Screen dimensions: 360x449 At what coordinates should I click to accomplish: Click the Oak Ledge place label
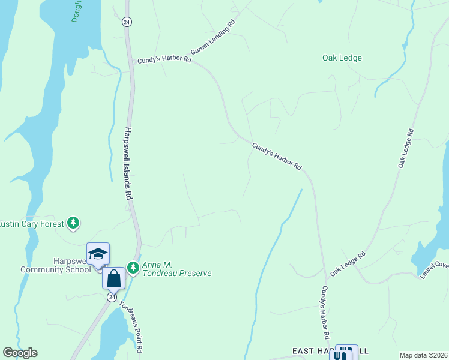[x=342, y=58]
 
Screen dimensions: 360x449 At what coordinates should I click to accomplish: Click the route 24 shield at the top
[x=127, y=22]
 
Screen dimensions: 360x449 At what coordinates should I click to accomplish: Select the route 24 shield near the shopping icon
[x=112, y=297]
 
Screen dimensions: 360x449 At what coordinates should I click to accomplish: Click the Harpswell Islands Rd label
[x=128, y=163]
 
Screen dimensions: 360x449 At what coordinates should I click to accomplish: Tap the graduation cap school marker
[x=98, y=254]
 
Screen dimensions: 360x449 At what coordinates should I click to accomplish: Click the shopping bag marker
[x=113, y=278]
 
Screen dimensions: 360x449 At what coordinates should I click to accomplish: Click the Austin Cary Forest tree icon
[x=73, y=224]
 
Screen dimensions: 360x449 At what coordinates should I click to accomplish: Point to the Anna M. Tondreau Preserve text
[x=176, y=269]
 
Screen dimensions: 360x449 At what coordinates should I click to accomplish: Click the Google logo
[x=20, y=353]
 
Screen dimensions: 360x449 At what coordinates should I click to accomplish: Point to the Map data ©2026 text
[x=423, y=355]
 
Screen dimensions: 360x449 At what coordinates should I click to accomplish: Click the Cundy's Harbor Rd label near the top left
[x=164, y=60]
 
